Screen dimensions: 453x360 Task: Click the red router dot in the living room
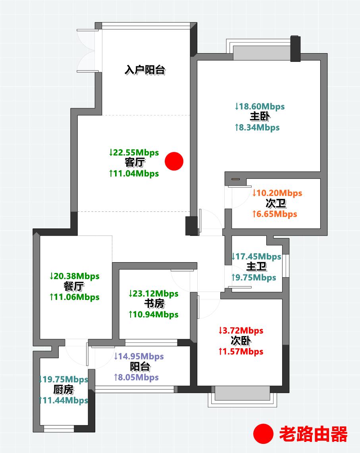click(174, 161)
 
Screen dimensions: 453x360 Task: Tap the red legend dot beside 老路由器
click(263, 434)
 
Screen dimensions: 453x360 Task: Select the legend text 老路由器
click(313, 434)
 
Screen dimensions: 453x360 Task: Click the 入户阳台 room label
click(145, 71)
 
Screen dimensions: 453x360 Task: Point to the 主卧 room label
click(260, 117)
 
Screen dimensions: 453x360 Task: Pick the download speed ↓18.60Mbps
click(260, 106)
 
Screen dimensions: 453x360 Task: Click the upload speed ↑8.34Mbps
click(257, 127)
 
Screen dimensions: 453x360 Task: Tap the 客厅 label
click(134, 163)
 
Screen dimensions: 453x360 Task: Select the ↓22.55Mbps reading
click(134, 152)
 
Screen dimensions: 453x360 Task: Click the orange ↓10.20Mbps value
click(277, 193)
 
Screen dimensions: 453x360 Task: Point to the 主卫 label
click(256, 267)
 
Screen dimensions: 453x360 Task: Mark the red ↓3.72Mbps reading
click(241, 330)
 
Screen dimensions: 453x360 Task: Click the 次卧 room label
click(241, 341)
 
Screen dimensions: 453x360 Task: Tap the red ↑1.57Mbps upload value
click(241, 351)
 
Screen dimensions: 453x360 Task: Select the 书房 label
click(154, 304)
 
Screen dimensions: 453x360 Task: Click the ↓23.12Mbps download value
click(153, 294)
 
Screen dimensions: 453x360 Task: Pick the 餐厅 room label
click(74, 286)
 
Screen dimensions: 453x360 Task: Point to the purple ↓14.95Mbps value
click(139, 356)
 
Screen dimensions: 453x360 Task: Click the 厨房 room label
click(63, 390)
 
